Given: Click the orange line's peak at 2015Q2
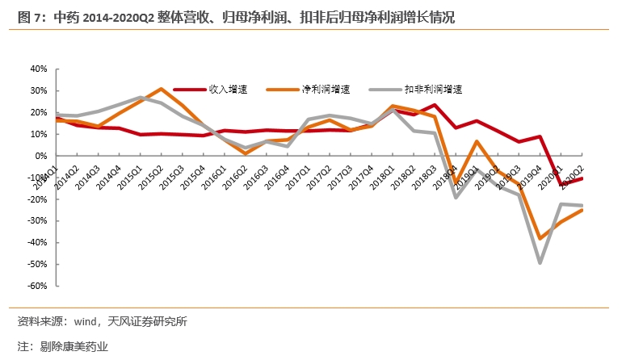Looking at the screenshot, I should click(x=161, y=89).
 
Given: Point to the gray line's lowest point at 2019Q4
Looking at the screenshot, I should click(x=540, y=263).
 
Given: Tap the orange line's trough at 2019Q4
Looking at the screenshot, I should click(x=540, y=238).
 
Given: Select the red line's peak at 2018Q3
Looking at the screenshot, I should click(x=435, y=105).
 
